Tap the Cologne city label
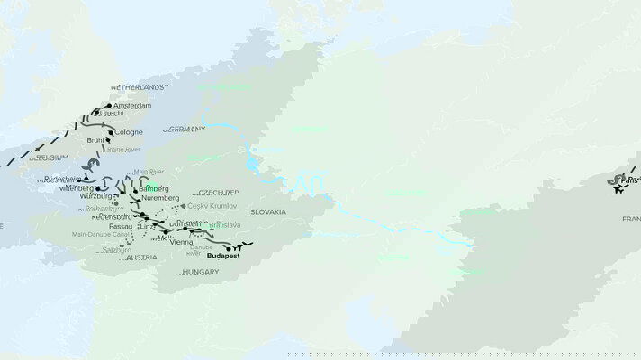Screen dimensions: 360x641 [129, 132]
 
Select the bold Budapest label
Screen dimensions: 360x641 [225, 256]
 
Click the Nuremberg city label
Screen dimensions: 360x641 [160, 197]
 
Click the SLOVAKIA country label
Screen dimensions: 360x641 [269, 211]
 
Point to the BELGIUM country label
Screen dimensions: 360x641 [50, 157]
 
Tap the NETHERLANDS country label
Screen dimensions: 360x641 [140, 87]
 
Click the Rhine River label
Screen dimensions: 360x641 [123, 149]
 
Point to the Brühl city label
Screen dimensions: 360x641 [96, 140]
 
